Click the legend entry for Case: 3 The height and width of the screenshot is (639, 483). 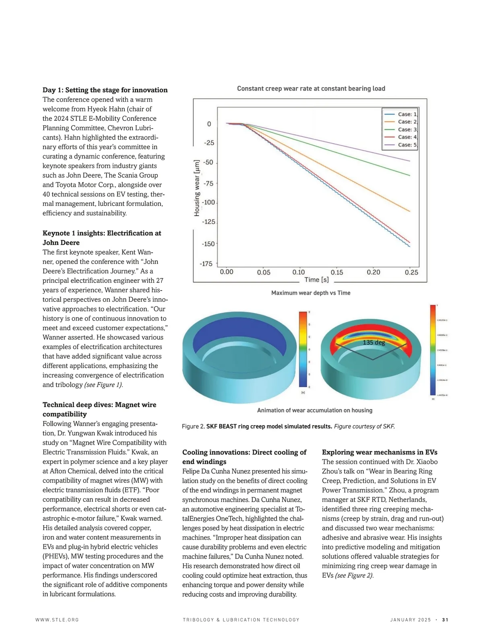pyautogui.click(x=401, y=130)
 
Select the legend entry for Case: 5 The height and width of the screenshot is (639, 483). pyautogui.click(x=401, y=145)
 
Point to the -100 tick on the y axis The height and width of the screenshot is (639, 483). pyautogui.click(x=208, y=202)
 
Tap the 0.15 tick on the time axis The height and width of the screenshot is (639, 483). pyautogui.click(x=337, y=272)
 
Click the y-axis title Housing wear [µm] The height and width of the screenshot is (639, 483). pyautogui.click(x=197, y=188)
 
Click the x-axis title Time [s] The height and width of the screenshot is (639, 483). pyautogui.click(x=316, y=280)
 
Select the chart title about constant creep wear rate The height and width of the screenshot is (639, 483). pyautogui.click(x=311, y=89)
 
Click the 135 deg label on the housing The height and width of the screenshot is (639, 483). pyautogui.click(x=374, y=342)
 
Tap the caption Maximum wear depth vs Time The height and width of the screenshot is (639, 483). pyautogui.click(x=311, y=293)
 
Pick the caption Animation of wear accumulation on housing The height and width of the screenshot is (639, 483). pyautogui.click(x=314, y=410)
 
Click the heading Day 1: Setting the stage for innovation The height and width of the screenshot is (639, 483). pyautogui.click(x=105, y=90)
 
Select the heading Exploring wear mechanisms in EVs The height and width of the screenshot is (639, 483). pyautogui.click(x=380, y=452)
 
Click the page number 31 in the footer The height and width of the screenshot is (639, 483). pyautogui.click(x=445, y=620)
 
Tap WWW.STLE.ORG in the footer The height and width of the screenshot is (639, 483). pyautogui.click(x=57, y=620)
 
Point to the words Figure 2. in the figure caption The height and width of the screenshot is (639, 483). pyautogui.click(x=193, y=427)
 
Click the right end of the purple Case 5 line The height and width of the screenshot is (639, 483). pyautogui.click(x=410, y=161)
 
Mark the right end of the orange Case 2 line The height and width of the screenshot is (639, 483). pyautogui.click(x=410, y=211)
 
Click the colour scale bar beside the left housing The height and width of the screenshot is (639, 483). pyautogui.click(x=303, y=349)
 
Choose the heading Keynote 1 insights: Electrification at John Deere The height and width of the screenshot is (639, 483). pyautogui.click(x=102, y=238)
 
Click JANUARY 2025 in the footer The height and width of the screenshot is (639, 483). pyautogui.click(x=410, y=620)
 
